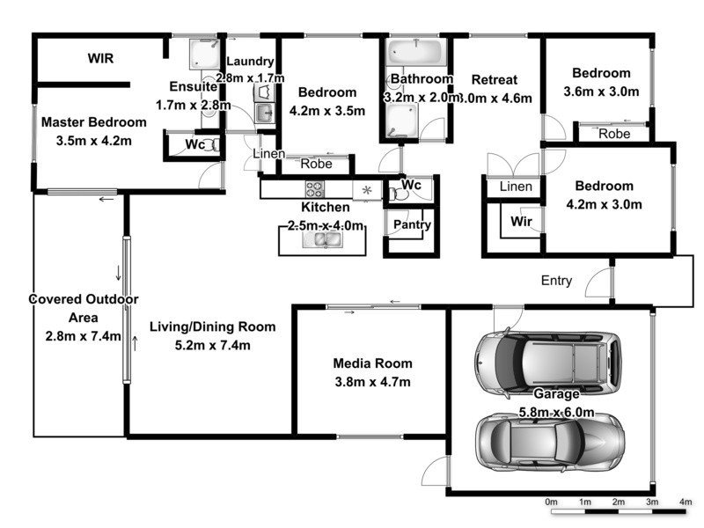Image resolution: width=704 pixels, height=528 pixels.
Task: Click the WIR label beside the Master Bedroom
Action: pos(101,59)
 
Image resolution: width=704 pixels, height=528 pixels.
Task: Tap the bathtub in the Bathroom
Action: pos(417,52)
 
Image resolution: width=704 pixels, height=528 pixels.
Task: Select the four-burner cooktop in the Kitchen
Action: pos(314,188)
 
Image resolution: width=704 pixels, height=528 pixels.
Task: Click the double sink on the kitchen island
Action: pos(321,238)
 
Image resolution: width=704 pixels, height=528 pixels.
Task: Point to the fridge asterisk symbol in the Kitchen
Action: pos(367,189)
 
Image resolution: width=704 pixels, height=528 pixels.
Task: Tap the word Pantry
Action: pos(411,224)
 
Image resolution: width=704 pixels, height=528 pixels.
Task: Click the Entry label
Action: pos(556,282)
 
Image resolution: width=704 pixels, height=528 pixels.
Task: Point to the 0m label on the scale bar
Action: pos(552,501)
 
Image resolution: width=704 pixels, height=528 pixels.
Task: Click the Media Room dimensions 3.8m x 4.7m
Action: pos(372,381)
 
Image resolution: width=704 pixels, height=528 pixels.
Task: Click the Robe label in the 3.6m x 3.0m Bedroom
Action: pos(613,134)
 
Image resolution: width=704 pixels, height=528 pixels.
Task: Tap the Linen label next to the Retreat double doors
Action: pos(515,187)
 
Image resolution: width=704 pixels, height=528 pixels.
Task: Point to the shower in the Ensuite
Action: pos(204,55)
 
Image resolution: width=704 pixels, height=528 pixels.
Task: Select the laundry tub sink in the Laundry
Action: pos(263,113)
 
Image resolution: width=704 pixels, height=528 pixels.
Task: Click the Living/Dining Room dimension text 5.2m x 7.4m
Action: pos(212,345)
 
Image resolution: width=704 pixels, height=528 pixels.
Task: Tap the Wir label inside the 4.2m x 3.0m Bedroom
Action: pos(518,222)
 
